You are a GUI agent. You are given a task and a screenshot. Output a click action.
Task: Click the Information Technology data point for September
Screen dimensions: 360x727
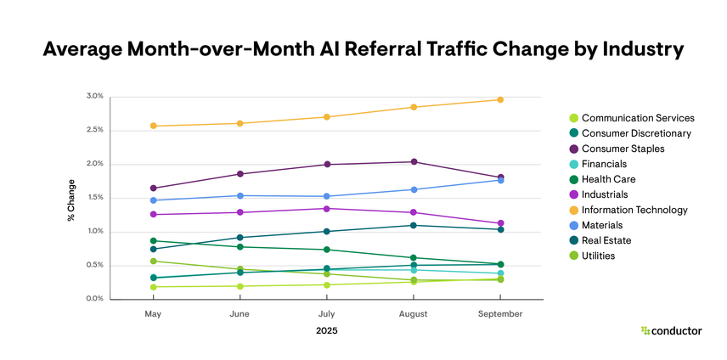[x=500, y=100]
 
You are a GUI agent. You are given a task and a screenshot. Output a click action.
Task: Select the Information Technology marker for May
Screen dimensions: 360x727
[x=153, y=126]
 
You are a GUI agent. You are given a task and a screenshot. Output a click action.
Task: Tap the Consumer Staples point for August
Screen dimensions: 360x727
[x=414, y=161]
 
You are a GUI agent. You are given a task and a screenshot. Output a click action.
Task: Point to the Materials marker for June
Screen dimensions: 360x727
[x=240, y=196]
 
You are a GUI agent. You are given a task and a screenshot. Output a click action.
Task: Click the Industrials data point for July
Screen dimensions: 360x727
[x=327, y=208]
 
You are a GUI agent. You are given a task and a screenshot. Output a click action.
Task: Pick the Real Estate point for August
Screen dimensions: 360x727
[x=414, y=225]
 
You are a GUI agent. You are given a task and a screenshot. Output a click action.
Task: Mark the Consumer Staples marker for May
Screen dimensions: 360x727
[x=153, y=188]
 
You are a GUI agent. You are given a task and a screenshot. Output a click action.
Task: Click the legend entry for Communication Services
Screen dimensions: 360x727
[x=633, y=118]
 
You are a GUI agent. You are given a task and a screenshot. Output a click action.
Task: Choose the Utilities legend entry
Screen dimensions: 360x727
[x=600, y=256]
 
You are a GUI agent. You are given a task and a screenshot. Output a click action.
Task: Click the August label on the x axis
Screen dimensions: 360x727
[x=414, y=313]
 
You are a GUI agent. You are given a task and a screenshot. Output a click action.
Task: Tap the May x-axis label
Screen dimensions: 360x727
[x=153, y=313]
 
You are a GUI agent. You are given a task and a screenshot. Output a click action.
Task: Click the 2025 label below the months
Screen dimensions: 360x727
[x=326, y=331]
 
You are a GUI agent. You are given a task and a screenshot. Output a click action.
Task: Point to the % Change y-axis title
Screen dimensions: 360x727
[x=71, y=200]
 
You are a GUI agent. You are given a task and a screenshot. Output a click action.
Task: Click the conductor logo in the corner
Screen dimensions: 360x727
[x=671, y=330]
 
